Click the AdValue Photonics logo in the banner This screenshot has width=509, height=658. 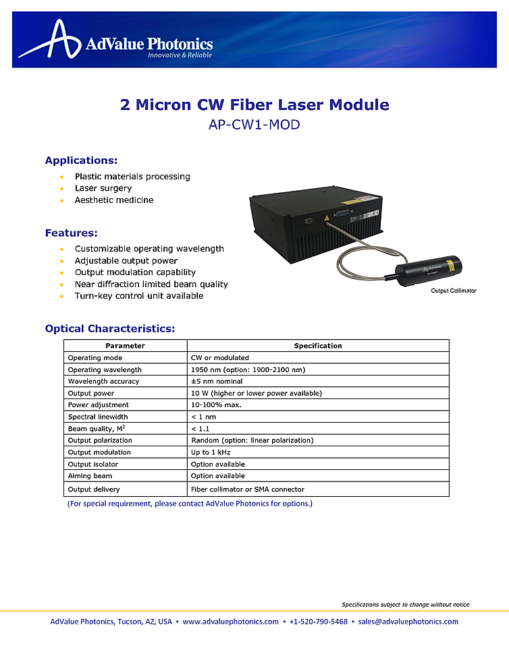pyautogui.click(x=115, y=40)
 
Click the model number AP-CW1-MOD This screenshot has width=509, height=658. pyautogui.click(x=254, y=125)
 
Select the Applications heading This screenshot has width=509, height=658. pyautogui.click(x=81, y=160)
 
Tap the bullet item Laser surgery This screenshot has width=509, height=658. pyautogui.click(x=103, y=188)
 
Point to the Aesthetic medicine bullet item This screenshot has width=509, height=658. pyautogui.click(x=114, y=200)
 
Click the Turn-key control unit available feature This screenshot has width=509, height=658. pyautogui.click(x=138, y=295)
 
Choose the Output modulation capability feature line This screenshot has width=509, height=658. pyautogui.click(x=135, y=272)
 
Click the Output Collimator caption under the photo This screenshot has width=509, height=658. pyautogui.click(x=453, y=291)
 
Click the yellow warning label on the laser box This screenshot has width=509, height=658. pyautogui.click(x=327, y=218)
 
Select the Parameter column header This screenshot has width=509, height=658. pyautogui.click(x=125, y=346)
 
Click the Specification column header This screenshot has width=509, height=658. pyautogui.click(x=318, y=346)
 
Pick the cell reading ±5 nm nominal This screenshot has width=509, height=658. pyautogui.click(x=217, y=381)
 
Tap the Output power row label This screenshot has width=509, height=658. pyautogui.click(x=91, y=393)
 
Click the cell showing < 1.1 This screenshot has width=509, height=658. pyautogui.click(x=200, y=428)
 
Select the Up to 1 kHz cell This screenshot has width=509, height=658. pyautogui.click(x=211, y=452)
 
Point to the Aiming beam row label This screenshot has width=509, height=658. pyautogui.click(x=90, y=476)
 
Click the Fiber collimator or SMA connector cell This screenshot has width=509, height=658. pyautogui.click(x=248, y=489)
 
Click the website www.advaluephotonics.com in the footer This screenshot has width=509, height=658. pyautogui.click(x=230, y=622)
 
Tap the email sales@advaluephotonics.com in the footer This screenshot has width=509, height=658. pyautogui.click(x=408, y=622)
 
